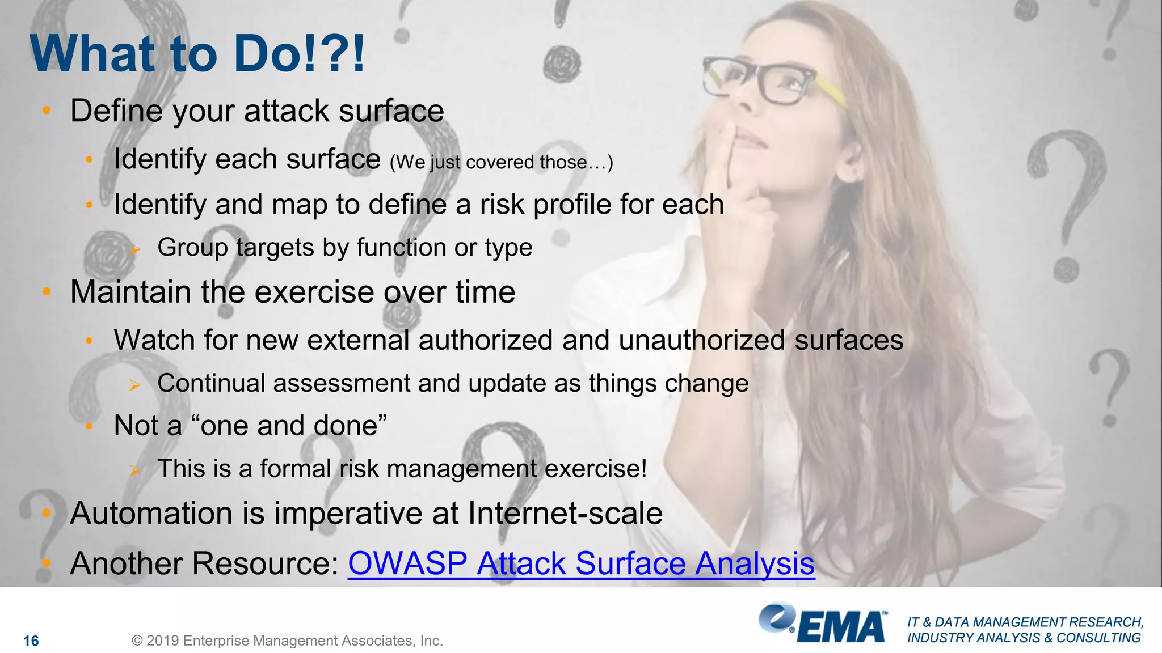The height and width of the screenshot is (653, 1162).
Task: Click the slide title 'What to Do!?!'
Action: [x=197, y=54]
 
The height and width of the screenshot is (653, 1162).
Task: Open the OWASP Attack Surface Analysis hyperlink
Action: [x=581, y=563]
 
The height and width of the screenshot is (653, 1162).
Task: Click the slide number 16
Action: [x=31, y=641]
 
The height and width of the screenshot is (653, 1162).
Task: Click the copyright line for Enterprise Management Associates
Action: [x=287, y=641]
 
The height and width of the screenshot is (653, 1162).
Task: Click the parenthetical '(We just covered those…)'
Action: [x=501, y=163]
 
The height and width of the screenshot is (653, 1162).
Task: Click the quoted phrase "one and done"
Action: [x=293, y=426]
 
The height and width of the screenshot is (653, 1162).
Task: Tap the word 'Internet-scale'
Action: [x=565, y=514]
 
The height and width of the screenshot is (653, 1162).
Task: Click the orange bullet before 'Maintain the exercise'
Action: [x=47, y=292]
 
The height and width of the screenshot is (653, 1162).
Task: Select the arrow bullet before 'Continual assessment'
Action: [x=134, y=385]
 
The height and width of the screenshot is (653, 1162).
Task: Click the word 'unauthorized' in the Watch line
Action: [x=702, y=341]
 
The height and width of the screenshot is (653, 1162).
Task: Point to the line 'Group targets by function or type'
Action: [x=344, y=248]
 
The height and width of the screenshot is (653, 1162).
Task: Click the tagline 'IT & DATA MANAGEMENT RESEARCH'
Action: [x=1025, y=622]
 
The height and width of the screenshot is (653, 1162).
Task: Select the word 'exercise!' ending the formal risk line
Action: [x=596, y=469]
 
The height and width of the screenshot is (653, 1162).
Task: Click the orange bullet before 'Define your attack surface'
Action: [x=47, y=110]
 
